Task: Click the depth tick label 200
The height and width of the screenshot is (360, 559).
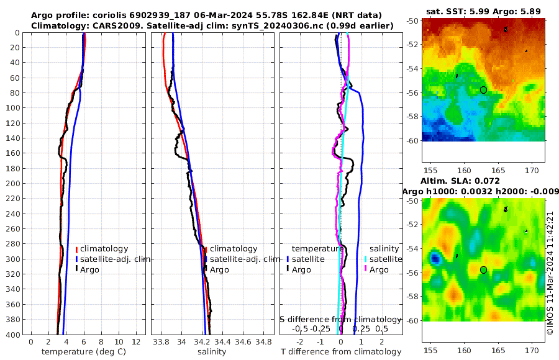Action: [14, 184]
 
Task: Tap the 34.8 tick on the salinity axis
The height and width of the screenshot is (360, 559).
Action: [264, 342]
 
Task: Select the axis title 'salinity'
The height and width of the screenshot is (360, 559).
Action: [211, 352]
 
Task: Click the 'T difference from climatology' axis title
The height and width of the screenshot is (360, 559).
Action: [340, 352]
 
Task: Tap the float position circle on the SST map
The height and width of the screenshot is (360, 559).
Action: [483, 90]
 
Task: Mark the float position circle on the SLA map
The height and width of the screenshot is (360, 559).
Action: [483, 270]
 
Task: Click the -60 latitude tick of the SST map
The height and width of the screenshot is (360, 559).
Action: [414, 140]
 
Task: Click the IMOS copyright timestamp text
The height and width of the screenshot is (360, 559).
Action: [550, 272]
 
